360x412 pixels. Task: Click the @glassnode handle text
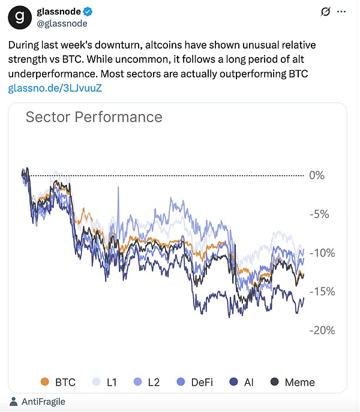[x=62, y=23]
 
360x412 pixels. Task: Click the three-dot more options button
[x=341, y=11]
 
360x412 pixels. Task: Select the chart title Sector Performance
[x=94, y=116]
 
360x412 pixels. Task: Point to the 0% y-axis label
[x=317, y=175]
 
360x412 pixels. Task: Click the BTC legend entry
[x=59, y=382]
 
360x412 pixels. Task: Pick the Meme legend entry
[x=292, y=382]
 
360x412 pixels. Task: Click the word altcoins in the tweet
[x=161, y=46]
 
